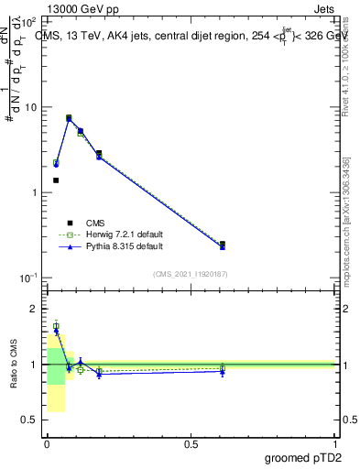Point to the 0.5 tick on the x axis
(x=191, y=443)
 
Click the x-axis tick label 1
(x=335, y=443)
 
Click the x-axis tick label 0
(x=47, y=443)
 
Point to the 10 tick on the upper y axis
(x=30, y=107)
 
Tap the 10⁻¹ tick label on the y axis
(x=28, y=278)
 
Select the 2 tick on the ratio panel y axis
(x=35, y=309)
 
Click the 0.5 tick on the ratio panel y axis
(x=30, y=420)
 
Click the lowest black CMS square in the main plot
(x=56, y=180)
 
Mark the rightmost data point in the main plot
(x=223, y=245)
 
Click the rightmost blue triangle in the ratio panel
(x=223, y=371)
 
